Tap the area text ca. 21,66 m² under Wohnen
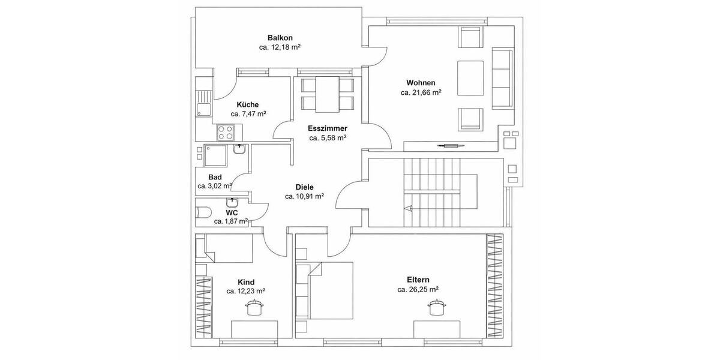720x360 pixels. [421, 93]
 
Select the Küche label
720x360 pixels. [247, 104]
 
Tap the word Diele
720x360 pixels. [304, 187]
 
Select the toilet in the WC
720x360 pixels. [203, 212]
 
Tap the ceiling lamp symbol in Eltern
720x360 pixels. [436, 308]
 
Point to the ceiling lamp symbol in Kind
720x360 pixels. [254, 308]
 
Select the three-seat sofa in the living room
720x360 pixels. [503, 77]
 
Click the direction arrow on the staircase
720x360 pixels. [409, 209]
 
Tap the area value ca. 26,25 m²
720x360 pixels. [418, 289]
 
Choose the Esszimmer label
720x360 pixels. [327, 128]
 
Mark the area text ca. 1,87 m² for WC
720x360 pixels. [231, 221]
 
